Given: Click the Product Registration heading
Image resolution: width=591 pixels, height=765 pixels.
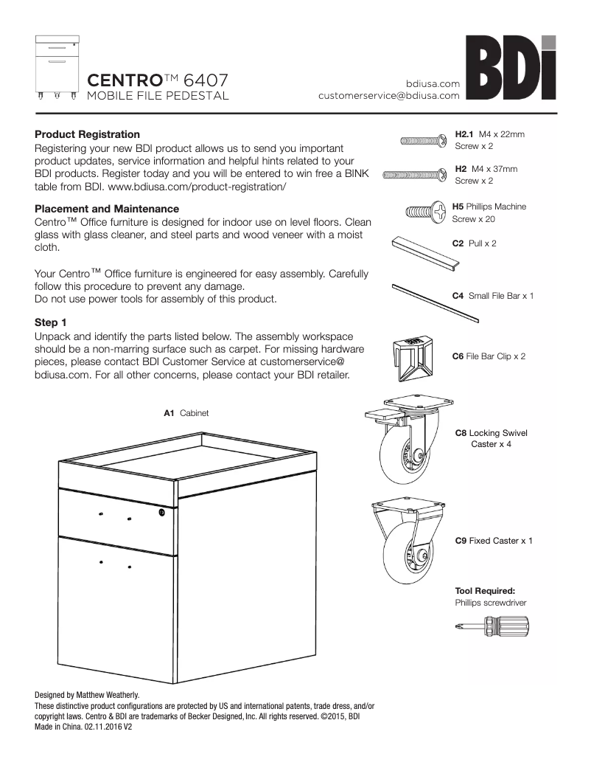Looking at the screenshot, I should tap(87, 134).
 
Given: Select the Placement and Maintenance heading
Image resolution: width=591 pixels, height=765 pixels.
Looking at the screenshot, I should tap(107, 210).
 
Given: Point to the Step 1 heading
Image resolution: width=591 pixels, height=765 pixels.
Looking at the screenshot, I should tap(51, 322).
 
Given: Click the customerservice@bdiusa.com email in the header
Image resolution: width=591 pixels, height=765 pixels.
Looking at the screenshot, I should tap(389, 96).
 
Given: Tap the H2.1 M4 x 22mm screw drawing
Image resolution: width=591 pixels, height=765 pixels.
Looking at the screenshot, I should tap(422, 140).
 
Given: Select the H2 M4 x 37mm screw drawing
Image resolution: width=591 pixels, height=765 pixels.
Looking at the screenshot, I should tap(414, 175).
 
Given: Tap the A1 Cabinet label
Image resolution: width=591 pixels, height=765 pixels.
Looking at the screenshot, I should tap(186, 414).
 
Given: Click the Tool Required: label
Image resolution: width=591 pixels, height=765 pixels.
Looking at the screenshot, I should tap(484, 591).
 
